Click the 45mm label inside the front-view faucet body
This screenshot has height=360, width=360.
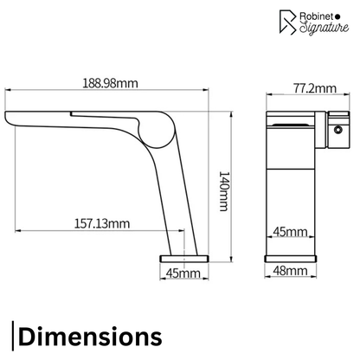289,233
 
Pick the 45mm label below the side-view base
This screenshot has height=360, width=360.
183,274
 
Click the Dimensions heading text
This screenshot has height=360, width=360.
89,335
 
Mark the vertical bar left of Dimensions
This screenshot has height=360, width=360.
14,335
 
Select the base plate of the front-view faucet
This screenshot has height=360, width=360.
290,257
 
